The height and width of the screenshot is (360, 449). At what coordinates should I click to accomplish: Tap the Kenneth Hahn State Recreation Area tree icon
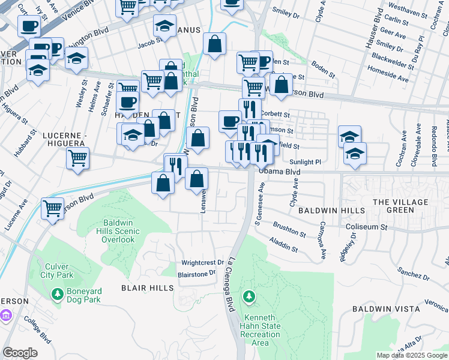pyautogui.click(x=250, y=296)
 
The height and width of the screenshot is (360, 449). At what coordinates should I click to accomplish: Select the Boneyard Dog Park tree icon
pyautogui.click(x=58, y=295)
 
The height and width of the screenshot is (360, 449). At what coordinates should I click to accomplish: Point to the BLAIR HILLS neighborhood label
pyautogui.click(x=147, y=288)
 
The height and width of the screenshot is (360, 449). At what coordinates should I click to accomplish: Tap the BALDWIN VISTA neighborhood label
pyautogui.click(x=385, y=309)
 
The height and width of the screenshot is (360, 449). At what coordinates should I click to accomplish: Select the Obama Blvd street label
pyautogui.click(x=279, y=172)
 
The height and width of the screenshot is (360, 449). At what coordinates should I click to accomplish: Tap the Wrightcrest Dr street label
pyautogui.click(x=202, y=263)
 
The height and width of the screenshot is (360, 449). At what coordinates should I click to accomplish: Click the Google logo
pyautogui.click(x=20, y=353)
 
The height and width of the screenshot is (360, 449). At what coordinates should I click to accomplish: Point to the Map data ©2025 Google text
pyautogui.click(x=412, y=355)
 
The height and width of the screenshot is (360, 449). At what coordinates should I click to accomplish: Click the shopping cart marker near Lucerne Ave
pyautogui.click(x=53, y=208)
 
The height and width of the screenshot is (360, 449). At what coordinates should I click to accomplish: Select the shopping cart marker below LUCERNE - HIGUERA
pyautogui.click(x=77, y=158)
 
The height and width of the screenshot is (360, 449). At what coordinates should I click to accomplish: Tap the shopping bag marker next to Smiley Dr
pyautogui.click(x=214, y=44)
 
